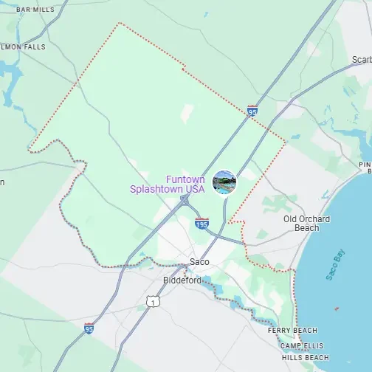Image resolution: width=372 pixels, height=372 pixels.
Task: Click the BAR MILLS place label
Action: click(x=35, y=10)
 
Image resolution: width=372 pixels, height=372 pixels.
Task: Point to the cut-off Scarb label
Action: click(x=361, y=60)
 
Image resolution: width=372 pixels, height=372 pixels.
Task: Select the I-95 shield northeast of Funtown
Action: click(x=252, y=111)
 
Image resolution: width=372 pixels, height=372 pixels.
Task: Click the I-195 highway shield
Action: click(x=201, y=221)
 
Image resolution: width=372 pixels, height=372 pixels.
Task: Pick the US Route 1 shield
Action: click(x=152, y=301)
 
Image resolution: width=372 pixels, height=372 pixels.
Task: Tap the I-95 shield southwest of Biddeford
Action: click(x=89, y=327)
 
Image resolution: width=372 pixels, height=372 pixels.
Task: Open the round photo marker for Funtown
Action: click(x=224, y=182)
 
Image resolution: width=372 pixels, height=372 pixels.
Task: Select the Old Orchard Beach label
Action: click(x=306, y=223)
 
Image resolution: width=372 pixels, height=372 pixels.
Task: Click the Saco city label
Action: click(x=199, y=262)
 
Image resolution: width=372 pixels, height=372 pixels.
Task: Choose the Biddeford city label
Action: click(x=182, y=280)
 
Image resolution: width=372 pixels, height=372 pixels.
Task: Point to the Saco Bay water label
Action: click(x=335, y=265)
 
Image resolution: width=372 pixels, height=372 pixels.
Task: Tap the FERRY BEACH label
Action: click(x=293, y=330)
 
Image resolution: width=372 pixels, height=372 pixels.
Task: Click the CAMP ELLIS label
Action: click(x=303, y=345)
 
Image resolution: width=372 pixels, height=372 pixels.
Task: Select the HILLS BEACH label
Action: click(x=306, y=357)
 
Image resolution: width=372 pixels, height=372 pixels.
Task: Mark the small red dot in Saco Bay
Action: click(x=337, y=309)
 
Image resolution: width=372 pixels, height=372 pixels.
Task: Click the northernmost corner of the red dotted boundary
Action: click(x=119, y=23)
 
